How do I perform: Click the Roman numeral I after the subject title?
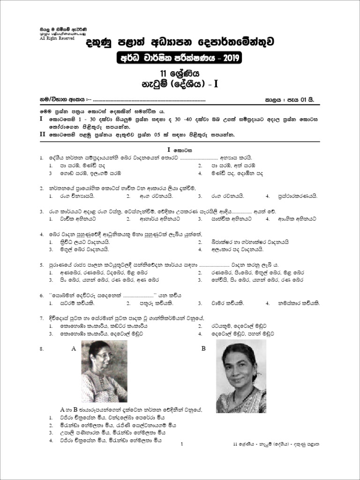(x=216, y=84)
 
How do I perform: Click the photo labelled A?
(x=104, y=371)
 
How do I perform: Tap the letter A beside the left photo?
(x=74, y=349)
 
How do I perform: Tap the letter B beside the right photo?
(x=203, y=349)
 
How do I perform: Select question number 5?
(x=42, y=264)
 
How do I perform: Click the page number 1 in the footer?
(x=180, y=444)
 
